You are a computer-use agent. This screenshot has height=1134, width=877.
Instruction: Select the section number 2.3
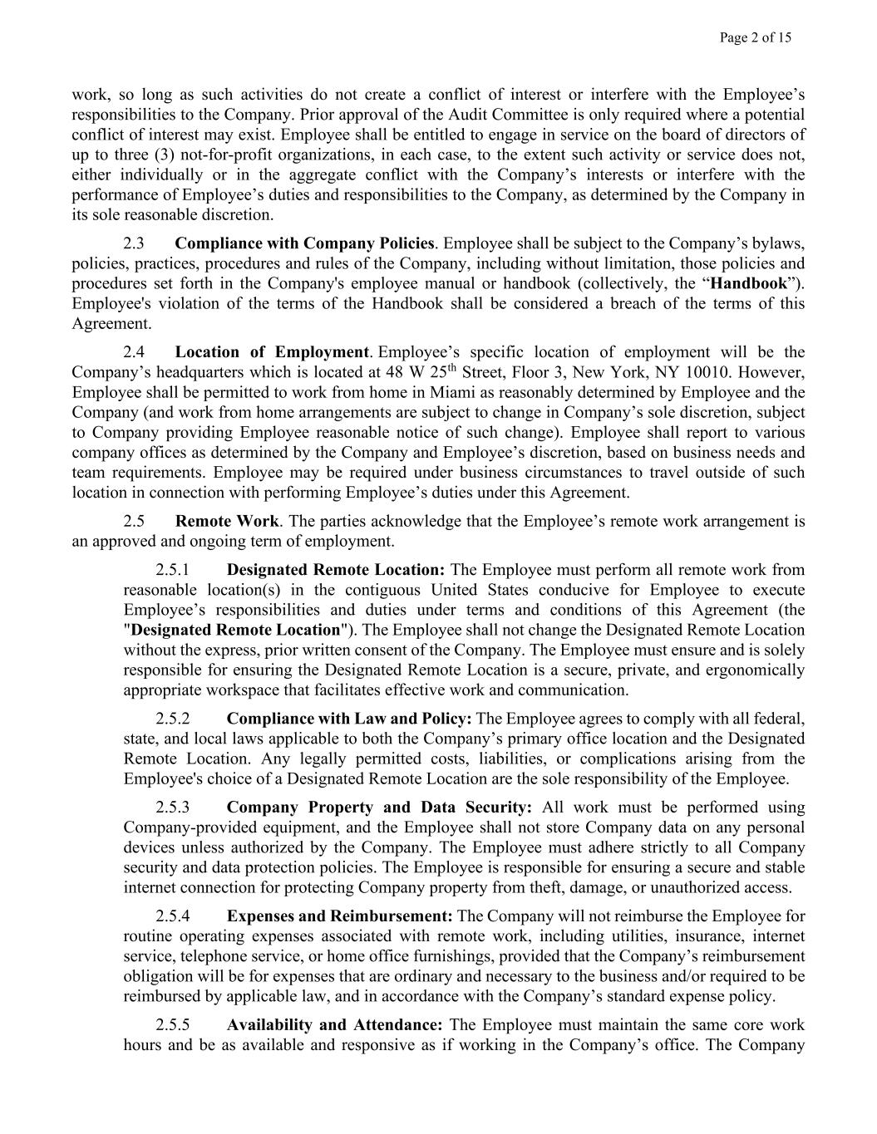tap(134, 243)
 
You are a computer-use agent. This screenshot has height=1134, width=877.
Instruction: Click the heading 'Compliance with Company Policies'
tap(304, 243)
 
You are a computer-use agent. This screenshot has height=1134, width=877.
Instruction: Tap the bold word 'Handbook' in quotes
tap(753, 283)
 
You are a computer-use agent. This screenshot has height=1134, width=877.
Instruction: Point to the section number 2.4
tap(134, 352)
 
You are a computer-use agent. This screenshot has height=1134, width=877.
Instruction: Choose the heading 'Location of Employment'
tap(272, 352)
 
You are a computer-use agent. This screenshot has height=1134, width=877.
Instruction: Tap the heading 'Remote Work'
tap(227, 522)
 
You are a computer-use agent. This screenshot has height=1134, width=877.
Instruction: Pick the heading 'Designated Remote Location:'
tap(336, 570)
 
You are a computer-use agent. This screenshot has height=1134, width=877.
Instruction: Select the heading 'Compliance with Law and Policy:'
tap(349, 719)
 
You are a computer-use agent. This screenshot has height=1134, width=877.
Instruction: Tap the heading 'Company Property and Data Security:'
tap(379, 808)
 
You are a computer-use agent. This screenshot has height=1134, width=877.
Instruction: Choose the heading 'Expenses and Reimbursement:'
tap(339, 916)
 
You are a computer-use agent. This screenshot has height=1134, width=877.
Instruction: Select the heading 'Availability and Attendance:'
tap(334, 1025)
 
